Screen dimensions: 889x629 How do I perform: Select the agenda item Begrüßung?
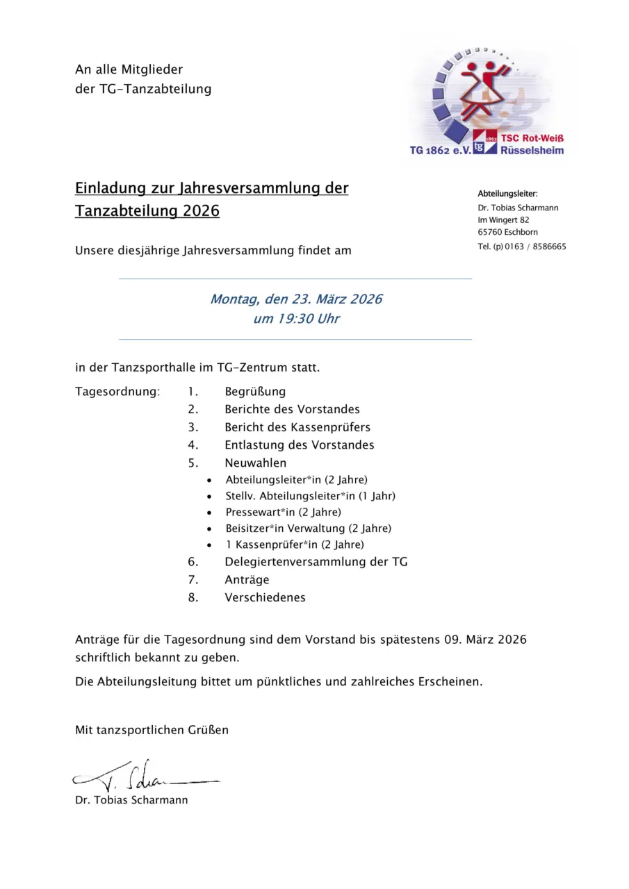[x=255, y=392]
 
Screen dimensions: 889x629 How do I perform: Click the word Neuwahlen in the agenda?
[x=255, y=463]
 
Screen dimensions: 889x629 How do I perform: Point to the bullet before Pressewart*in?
[x=209, y=513]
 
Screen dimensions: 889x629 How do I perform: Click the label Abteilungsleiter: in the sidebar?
[x=507, y=193]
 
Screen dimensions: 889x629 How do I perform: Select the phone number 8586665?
[x=549, y=247]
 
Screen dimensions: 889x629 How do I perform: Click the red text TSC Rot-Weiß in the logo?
[x=532, y=139]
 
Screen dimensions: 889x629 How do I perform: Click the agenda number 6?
[x=193, y=562]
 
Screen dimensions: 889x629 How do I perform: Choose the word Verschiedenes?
[x=265, y=597]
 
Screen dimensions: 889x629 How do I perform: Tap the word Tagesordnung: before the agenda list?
[x=117, y=392]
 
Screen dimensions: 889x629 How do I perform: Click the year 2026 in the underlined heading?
[x=201, y=211]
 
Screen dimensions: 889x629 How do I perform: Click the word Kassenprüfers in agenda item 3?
[x=336, y=427]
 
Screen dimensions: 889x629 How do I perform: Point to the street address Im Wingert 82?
[x=503, y=219]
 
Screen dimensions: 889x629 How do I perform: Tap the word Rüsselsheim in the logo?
[x=532, y=150]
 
